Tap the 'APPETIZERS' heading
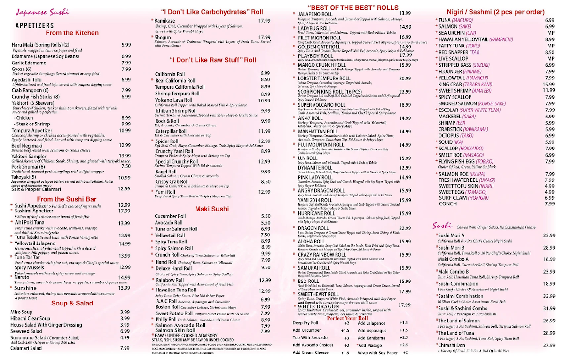(x=36, y=26)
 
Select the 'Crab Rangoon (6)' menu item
(x=31, y=90)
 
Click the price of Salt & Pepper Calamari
(x=124, y=188)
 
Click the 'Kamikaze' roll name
(x=165, y=21)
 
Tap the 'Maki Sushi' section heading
(x=212, y=209)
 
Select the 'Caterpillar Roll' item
(x=173, y=131)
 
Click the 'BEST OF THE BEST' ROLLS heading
(x=352, y=8)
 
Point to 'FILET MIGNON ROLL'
(x=319, y=38)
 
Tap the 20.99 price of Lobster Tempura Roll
(x=405, y=78)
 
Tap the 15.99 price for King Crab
(x=548, y=84)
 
